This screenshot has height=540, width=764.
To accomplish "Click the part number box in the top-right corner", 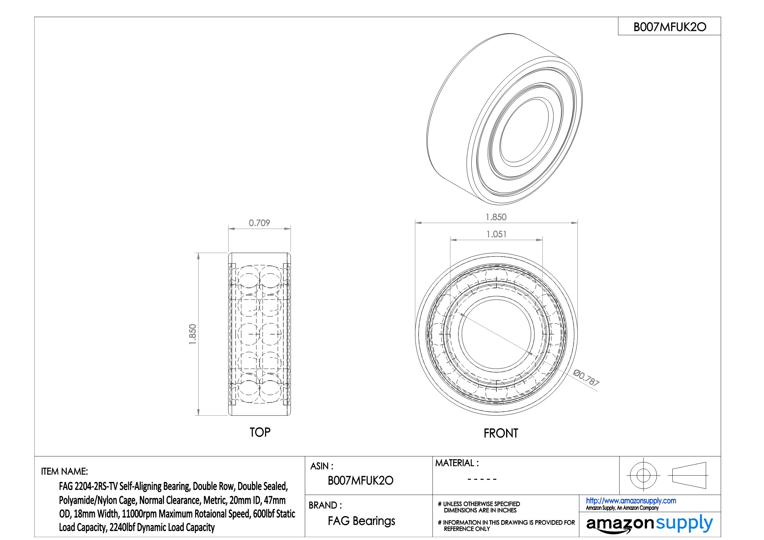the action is click(669, 26).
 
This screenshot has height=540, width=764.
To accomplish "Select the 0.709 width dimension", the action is click(259, 223).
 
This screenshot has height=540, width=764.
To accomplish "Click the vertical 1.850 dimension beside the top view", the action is click(193, 334).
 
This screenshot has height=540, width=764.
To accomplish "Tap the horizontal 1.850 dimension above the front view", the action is click(496, 217).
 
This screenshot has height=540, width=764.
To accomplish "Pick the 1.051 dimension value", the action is click(496, 234).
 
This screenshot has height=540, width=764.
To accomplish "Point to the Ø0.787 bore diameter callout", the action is click(586, 378).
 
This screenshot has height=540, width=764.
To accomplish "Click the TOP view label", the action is click(260, 432).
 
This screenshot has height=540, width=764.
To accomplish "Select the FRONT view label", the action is click(501, 433).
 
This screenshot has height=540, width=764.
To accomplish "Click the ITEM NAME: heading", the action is click(64, 471).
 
